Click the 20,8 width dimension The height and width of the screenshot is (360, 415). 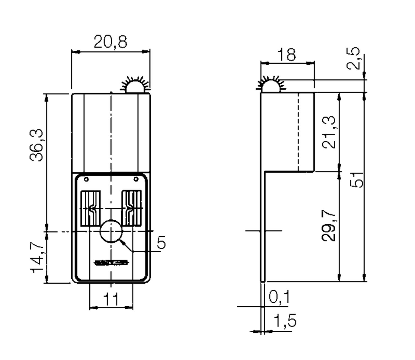click(111, 42)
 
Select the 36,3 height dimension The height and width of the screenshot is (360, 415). click(37, 145)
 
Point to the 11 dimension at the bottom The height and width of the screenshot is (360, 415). click(111, 300)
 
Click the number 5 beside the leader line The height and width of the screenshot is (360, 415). click(162, 242)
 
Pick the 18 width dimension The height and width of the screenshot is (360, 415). click(286, 54)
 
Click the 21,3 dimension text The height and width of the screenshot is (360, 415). click(329, 132)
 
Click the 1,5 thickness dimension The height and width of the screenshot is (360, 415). click(285, 320)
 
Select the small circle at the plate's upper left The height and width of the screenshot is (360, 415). click(86, 179)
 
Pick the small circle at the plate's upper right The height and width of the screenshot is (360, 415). click(136, 179)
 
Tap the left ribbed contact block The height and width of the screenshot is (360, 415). click(90, 208)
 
